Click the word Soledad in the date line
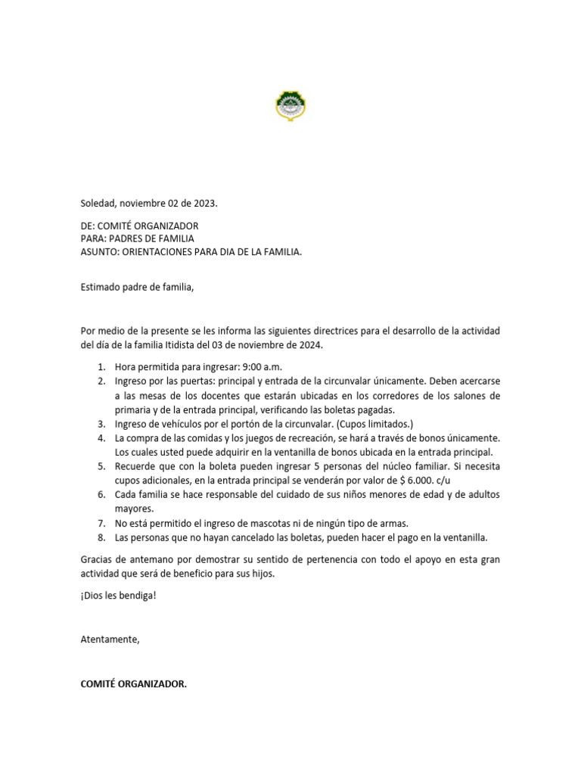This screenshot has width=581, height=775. pyautogui.click(x=98, y=204)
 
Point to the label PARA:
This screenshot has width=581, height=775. pyautogui.click(x=93, y=238)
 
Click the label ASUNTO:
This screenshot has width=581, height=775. pyautogui.click(x=101, y=251)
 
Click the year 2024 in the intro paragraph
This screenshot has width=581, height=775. pyautogui.click(x=309, y=345)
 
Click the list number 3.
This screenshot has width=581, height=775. pyautogui.click(x=101, y=422)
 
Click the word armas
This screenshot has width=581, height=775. pyautogui.click(x=396, y=523)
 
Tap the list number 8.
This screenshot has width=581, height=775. pyautogui.click(x=101, y=537)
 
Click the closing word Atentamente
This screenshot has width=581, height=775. pyautogui.click(x=110, y=639)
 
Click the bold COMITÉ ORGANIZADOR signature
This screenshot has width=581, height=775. pyautogui.click(x=133, y=683)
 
